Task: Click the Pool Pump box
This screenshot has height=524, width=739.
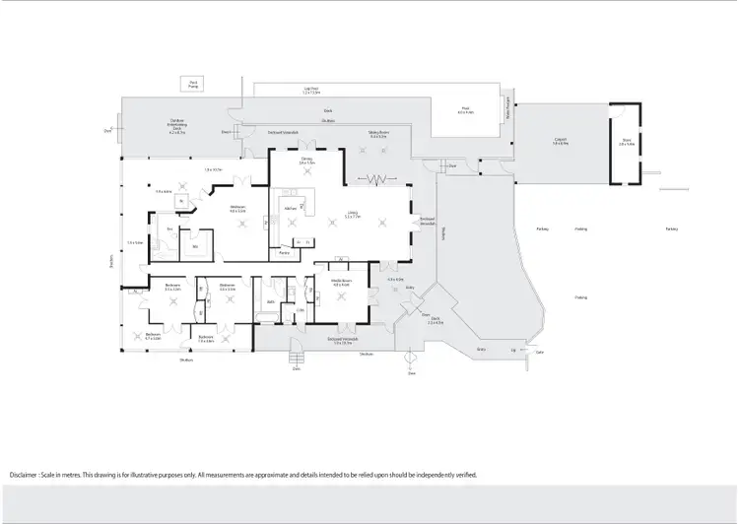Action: [193, 85]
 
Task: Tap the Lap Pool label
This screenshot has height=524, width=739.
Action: [311, 91]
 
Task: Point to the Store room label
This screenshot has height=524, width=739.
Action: [626, 141]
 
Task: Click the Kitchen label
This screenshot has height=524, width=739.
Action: [290, 208]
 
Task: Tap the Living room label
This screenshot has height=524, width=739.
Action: [352, 214]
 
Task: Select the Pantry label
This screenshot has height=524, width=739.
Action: [284, 253]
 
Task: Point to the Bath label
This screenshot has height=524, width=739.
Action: [269, 302]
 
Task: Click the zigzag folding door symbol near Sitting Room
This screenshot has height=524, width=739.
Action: [375, 180]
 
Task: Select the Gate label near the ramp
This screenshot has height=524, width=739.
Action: [539, 353]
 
